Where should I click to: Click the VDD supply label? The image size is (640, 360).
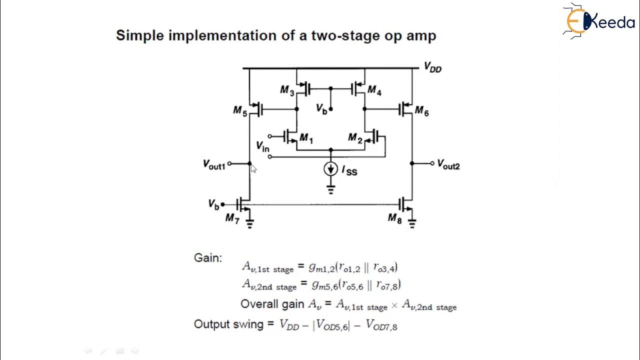[x=432, y=67]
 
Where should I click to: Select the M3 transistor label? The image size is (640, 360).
[x=287, y=90]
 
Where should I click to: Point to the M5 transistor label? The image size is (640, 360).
[x=240, y=111]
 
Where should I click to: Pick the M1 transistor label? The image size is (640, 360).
[x=305, y=139]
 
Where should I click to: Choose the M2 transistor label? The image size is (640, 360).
[x=355, y=138]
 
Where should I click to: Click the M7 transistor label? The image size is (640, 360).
[x=232, y=218]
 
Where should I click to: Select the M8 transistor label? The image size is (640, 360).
[x=394, y=218]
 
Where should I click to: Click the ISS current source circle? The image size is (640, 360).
[x=330, y=169]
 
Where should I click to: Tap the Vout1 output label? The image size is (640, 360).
[x=214, y=164]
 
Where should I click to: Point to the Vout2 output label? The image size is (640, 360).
[x=448, y=164]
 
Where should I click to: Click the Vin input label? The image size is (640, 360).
[x=262, y=146]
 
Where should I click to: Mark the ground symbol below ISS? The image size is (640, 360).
[x=330, y=189]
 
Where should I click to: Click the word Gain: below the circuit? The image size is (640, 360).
[x=207, y=258]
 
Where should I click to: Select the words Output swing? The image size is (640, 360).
[x=228, y=324]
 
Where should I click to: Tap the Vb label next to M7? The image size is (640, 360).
[x=213, y=204]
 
